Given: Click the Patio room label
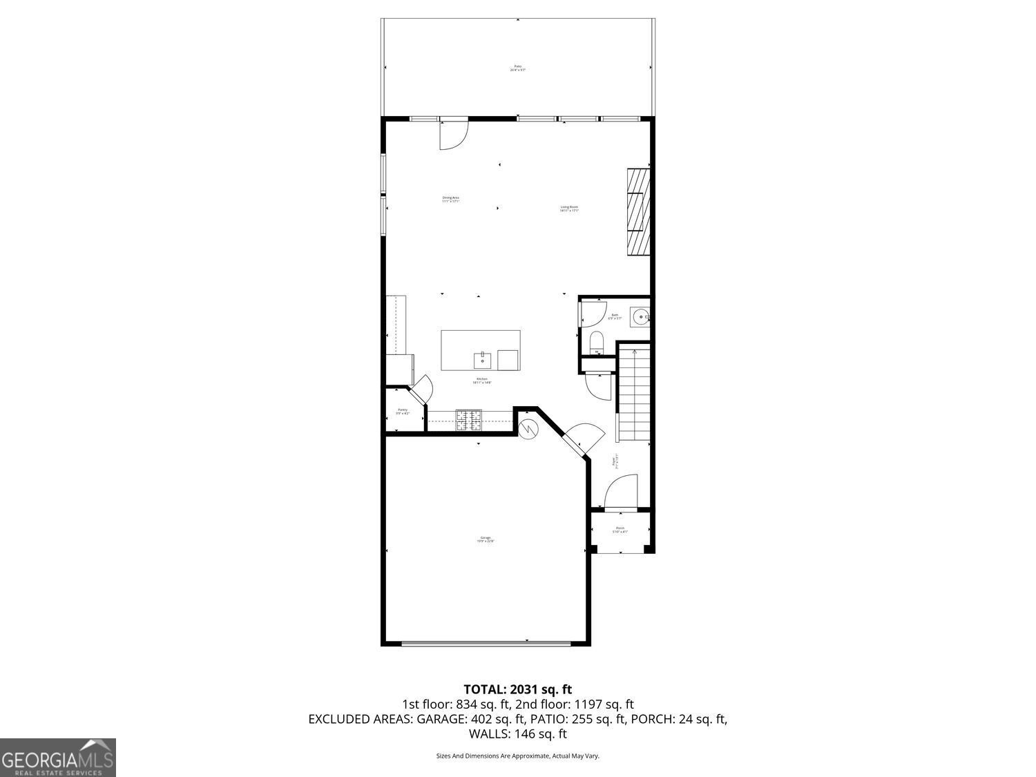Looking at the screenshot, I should [x=518, y=68].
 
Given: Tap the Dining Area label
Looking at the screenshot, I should [x=451, y=200].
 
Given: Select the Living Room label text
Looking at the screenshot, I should [x=569, y=209].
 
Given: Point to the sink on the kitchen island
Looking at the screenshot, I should [x=481, y=360].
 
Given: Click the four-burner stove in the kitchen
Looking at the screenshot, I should [x=469, y=420].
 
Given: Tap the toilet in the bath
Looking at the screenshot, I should [x=596, y=342].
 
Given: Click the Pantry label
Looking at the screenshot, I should [x=402, y=411].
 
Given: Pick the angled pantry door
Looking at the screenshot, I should [x=421, y=391].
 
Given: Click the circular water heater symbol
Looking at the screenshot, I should [x=528, y=429].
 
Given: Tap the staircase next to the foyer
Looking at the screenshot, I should [x=634, y=394].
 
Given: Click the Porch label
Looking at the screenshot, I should [x=620, y=530].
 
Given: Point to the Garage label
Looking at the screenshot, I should [x=486, y=539].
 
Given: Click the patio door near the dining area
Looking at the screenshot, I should [x=454, y=133].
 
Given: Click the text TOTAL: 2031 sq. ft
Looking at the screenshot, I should [x=517, y=689].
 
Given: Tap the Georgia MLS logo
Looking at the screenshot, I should [x=57, y=758].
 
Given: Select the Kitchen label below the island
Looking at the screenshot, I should [x=481, y=381].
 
